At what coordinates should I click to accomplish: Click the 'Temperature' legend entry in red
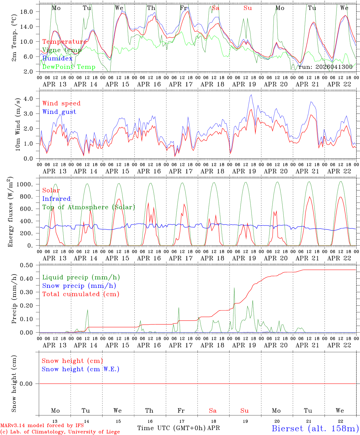64,42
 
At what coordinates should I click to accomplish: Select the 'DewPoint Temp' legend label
69,67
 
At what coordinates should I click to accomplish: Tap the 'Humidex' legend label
57,59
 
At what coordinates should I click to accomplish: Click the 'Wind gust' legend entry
59,112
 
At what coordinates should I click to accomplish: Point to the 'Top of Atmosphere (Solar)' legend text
89,207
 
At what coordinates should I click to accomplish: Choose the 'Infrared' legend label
56,199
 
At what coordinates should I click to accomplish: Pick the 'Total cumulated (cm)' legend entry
81,294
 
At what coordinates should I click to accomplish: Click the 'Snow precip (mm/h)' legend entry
79,286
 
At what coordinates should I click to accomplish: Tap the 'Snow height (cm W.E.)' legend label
81,369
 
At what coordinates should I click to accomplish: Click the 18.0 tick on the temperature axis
30,12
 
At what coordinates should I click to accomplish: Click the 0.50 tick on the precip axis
30,265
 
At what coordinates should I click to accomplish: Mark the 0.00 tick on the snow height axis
30,384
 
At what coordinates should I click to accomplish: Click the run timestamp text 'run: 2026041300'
325,67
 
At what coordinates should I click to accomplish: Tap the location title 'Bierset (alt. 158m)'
315,428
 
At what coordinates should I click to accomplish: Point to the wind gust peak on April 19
251,95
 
